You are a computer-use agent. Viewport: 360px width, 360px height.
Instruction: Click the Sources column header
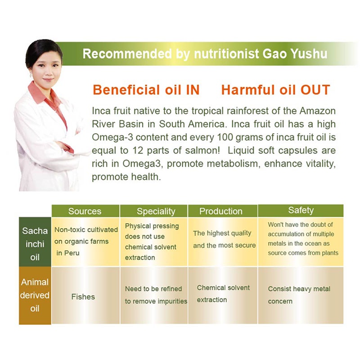click(85, 211)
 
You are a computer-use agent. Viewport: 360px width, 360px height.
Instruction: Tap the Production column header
click(220, 211)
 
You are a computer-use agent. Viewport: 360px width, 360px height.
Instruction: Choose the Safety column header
click(301, 211)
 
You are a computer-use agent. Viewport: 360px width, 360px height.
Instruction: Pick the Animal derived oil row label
click(35, 295)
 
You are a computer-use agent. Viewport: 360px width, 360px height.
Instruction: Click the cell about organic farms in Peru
click(85, 241)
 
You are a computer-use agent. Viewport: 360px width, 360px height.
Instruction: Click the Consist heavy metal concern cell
click(299, 295)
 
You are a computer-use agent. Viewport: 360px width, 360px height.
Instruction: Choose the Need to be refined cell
click(155, 295)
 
